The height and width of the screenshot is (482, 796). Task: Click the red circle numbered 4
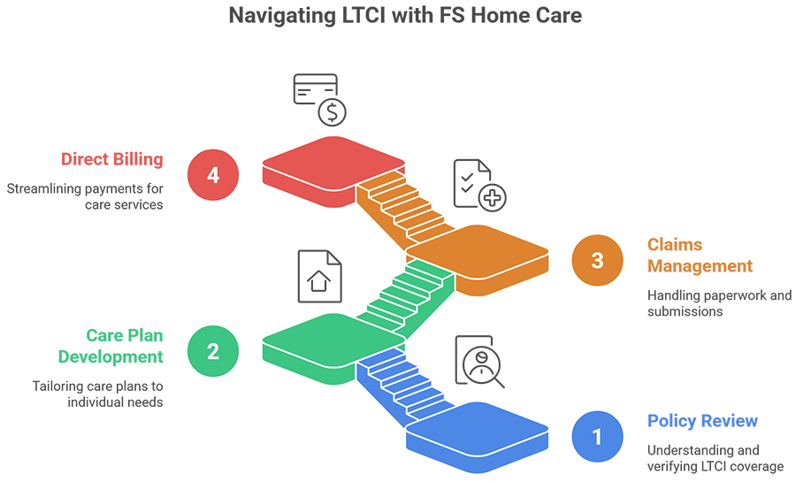(213, 175)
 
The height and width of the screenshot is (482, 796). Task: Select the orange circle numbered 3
(598, 261)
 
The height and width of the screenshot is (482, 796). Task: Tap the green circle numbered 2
(213, 351)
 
